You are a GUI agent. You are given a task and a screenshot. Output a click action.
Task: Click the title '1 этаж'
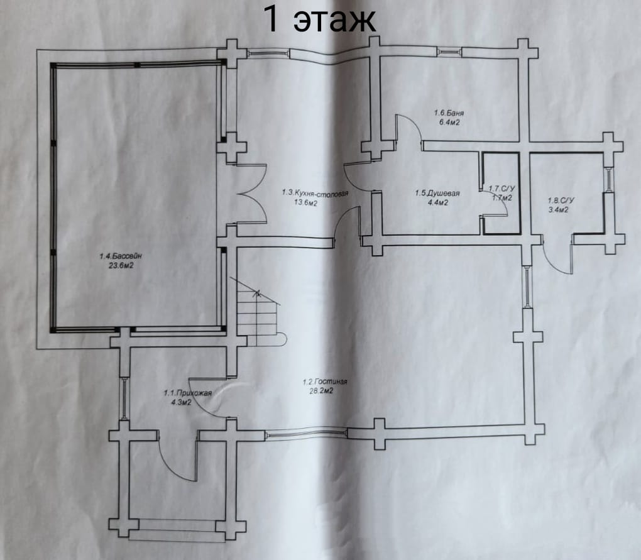pos(319,19)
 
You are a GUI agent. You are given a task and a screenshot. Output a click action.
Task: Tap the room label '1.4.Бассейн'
pos(121,256)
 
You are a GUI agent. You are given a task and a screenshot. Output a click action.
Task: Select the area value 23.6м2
pos(121,266)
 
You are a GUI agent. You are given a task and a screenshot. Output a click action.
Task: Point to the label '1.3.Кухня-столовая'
pos(315,192)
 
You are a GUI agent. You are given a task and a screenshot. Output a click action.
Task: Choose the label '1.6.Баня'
pos(449,113)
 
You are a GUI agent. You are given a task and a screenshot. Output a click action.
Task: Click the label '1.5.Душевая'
pos(437,194)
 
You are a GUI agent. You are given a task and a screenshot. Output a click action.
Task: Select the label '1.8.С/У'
pos(561,200)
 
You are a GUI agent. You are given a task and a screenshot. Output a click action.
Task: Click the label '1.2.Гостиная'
pos(325,382)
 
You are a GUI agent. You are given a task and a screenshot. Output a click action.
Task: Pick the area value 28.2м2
pos(321,391)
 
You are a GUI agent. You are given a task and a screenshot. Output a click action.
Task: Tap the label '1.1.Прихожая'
pos(188,393)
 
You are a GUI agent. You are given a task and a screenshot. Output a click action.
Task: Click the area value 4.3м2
pos(182,403)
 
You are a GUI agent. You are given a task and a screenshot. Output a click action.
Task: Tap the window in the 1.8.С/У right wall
pos(609,179)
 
